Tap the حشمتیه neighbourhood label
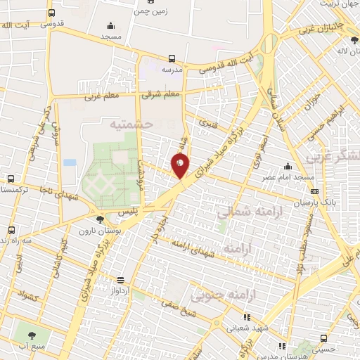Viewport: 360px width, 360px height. coord(131,124)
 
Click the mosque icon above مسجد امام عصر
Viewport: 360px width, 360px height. coord(287,167)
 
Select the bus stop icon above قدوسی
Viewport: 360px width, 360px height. coord(51,13)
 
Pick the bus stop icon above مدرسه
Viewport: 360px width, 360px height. coord(172,59)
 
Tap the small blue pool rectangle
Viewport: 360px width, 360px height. coord(70,162)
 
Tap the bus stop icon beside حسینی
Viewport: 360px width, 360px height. coord(324,336)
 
